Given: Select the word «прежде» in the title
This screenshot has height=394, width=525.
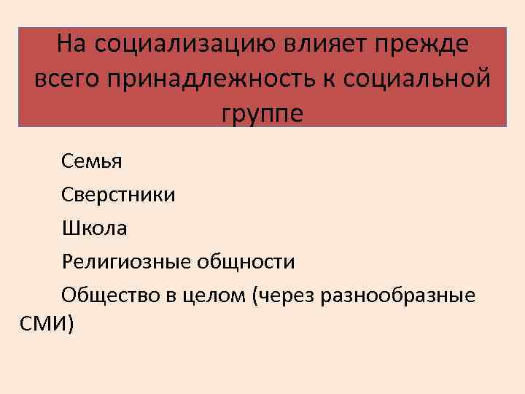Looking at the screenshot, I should coord(413,47).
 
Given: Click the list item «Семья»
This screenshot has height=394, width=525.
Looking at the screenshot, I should coord(92,161).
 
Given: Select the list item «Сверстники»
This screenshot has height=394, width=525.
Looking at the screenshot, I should coord(118,195).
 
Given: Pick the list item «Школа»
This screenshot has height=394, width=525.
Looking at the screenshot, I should coord(94,228).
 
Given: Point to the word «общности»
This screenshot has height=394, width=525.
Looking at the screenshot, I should coord(249,262).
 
